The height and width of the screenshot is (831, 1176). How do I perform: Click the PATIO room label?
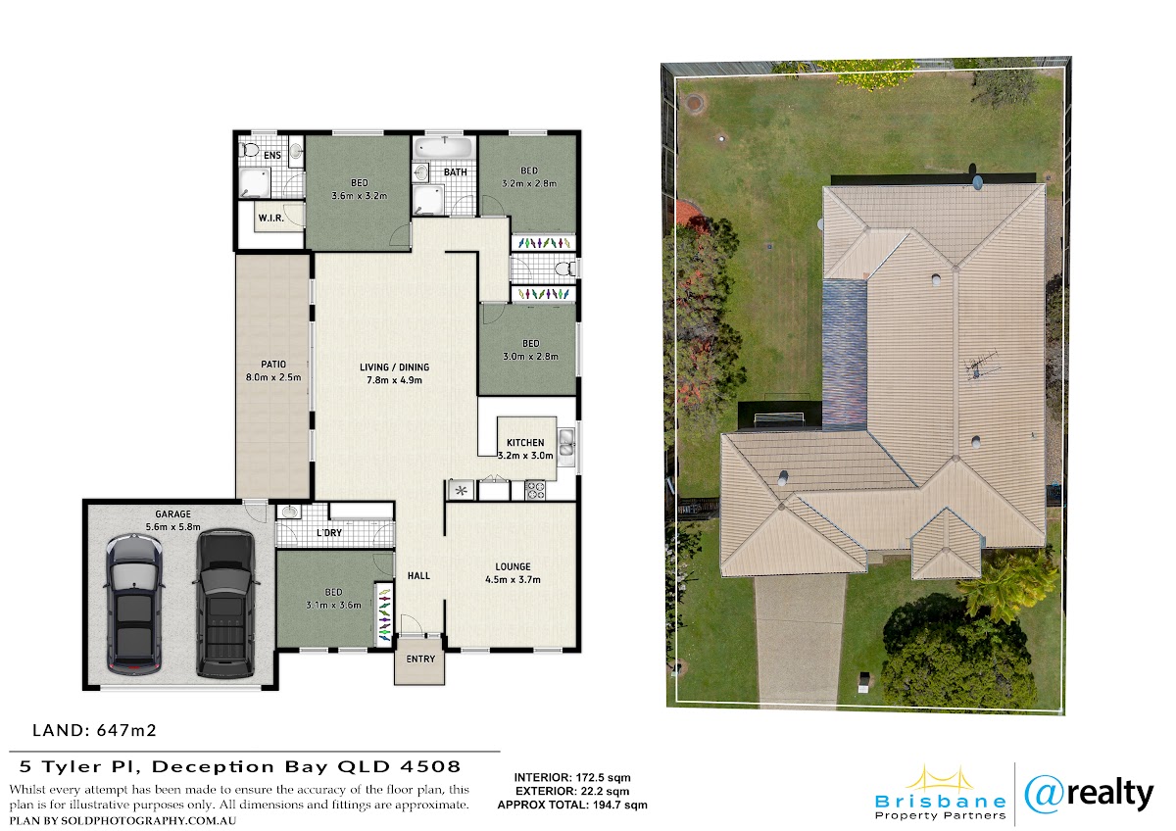point(273,365)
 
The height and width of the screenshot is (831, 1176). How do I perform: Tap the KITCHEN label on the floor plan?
point(525,443)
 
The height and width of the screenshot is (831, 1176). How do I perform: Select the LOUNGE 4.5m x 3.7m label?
point(513,573)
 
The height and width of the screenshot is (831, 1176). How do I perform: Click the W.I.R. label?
point(270,218)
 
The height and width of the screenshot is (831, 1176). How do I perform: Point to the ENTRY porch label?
point(420,659)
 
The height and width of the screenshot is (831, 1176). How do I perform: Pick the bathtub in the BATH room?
point(445,148)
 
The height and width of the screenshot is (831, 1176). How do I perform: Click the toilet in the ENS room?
point(249,151)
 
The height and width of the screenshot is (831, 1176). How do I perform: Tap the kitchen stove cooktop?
point(535,490)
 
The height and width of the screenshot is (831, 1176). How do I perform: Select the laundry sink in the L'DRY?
point(288,512)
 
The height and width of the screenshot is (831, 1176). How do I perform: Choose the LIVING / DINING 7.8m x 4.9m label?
point(394,373)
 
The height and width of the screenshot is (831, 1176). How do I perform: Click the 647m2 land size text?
point(126,730)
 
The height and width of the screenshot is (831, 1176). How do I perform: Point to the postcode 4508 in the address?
point(430,767)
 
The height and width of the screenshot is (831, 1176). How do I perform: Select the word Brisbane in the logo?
point(940,802)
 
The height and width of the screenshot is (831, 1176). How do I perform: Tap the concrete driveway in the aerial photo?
point(799,641)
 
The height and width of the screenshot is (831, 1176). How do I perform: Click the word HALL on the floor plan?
point(419,576)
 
